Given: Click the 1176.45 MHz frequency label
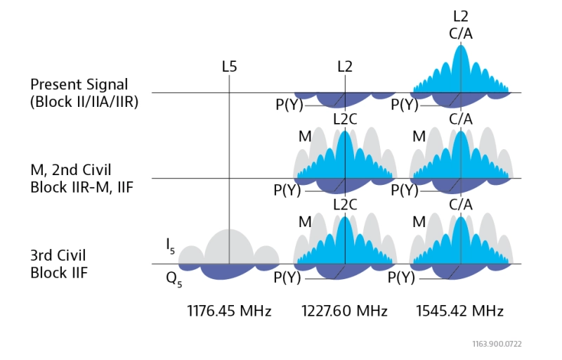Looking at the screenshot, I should click(x=229, y=311).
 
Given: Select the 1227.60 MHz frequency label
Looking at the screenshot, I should click(x=344, y=311).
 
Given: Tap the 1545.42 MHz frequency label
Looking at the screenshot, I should click(x=459, y=311).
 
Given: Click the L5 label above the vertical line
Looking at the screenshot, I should click(x=229, y=67).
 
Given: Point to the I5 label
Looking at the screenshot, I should click(x=171, y=245).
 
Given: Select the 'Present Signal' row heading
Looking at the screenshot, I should click(x=79, y=84).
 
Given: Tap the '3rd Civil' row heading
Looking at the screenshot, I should click(x=58, y=255).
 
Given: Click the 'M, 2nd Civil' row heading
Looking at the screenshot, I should click(x=70, y=170).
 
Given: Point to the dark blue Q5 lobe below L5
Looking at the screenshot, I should click(x=229, y=271).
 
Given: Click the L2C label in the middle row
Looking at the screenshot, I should click(x=345, y=119).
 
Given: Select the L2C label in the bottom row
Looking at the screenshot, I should click(x=345, y=205).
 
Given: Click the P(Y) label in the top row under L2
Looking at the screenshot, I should click(x=288, y=105).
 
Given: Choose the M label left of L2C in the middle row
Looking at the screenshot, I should click(x=304, y=136).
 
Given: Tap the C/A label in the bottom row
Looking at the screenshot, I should click(x=460, y=205).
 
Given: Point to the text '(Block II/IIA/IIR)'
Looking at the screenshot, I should click(x=84, y=101).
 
